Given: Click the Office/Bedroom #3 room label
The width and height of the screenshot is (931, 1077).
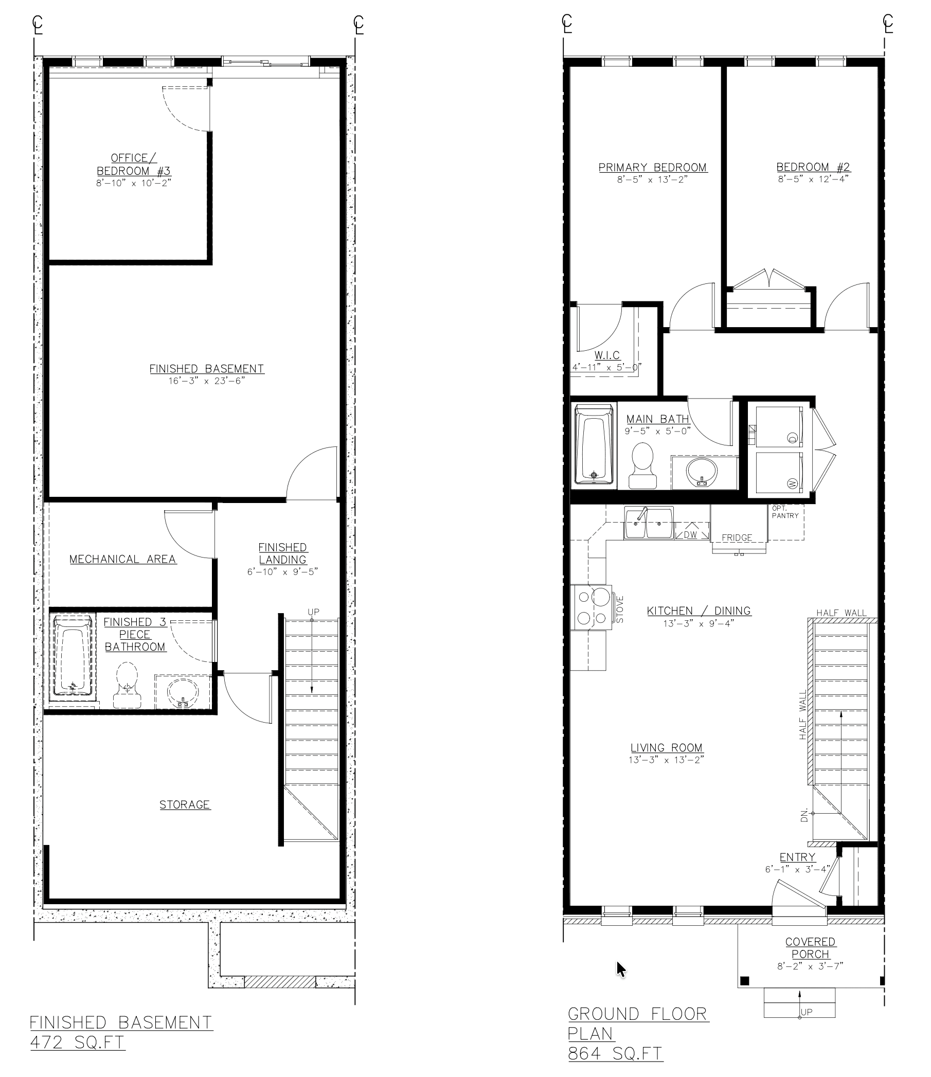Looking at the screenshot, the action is coord(134,164).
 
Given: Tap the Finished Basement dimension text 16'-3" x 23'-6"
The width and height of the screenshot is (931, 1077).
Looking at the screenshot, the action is coord(206,381).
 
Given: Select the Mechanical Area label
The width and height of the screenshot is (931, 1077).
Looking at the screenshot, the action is coord(123,559).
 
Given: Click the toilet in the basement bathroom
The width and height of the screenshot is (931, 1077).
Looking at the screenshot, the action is coord(127,685).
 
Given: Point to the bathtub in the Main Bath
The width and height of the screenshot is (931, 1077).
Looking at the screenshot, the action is coord(594,444).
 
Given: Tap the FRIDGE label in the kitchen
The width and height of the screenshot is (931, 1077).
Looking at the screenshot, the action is coord(737,537).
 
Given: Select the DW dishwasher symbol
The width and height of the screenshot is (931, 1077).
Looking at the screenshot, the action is coord(691,534).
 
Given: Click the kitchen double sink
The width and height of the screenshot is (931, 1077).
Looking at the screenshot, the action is coord(649,524).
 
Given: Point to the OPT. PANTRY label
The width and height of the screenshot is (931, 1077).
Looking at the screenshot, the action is coord(785,511).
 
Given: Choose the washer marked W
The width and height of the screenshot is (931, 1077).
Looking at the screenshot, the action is coord(779,473).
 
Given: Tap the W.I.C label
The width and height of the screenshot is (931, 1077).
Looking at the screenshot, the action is coord(607,355).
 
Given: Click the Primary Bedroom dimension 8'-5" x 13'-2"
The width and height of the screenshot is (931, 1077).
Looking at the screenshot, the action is coord(652,179).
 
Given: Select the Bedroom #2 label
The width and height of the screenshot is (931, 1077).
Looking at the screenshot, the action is coord(813,167).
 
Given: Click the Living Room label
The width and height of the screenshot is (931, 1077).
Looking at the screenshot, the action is coord(667,747).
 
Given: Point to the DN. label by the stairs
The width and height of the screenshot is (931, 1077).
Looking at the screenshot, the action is coord(804,815).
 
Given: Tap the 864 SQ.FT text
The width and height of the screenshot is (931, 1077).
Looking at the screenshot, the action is coord(616,1053).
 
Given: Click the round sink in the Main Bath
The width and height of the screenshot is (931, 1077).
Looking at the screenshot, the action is coord(702,473).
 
